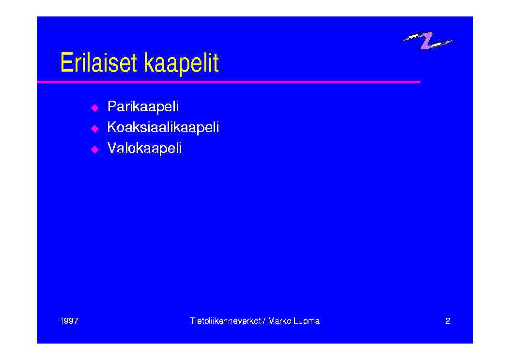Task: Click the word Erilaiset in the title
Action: point(98,62)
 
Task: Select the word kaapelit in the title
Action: point(181,64)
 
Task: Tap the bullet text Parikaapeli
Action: point(143,106)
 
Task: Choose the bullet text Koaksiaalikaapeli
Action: point(163,127)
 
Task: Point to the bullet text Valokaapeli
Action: point(144,148)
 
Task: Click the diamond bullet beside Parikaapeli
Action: point(95,108)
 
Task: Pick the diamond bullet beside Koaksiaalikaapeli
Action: point(95,129)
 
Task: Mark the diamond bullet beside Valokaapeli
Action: point(95,150)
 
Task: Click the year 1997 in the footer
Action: point(69,321)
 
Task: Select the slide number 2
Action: point(448,321)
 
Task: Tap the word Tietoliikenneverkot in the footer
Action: point(225,321)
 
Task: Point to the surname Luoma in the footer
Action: point(307,321)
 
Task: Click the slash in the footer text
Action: point(264,321)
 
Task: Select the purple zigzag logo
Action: point(427,40)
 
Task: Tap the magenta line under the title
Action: point(228,82)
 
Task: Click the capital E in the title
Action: point(66,62)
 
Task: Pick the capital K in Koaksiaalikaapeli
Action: point(112,127)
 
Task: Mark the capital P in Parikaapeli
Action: point(112,106)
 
